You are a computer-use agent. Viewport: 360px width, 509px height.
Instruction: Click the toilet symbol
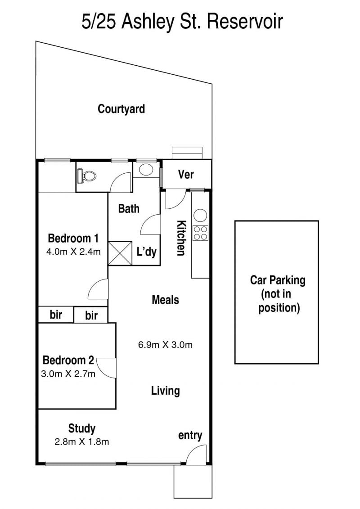point(87,177)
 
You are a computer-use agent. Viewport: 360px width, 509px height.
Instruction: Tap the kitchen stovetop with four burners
point(200,233)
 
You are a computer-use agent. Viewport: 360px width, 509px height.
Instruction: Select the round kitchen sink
point(200,215)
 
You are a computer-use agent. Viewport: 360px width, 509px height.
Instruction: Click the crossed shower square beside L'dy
point(120,253)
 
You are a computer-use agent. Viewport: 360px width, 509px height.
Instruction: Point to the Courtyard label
point(121,109)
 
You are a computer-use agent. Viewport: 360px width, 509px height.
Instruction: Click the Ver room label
point(186,175)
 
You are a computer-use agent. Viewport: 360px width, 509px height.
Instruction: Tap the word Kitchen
point(181,238)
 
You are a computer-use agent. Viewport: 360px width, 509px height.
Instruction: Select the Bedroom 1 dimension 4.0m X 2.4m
point(73,252)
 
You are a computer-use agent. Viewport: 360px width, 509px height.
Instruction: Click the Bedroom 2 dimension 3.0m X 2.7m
point(68,374)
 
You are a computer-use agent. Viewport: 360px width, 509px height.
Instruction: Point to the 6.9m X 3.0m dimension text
point(165,345)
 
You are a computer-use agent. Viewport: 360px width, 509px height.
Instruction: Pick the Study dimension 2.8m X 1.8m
point(81,442)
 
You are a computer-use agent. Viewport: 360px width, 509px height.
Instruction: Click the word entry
point(190,436)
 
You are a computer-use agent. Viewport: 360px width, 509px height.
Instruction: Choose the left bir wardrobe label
point(56,315)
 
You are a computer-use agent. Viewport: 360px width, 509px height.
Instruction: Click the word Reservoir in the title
point(244,22)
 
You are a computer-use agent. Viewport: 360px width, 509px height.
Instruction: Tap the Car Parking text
point(278,280)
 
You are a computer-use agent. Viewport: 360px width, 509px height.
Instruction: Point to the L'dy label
point(146,252)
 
